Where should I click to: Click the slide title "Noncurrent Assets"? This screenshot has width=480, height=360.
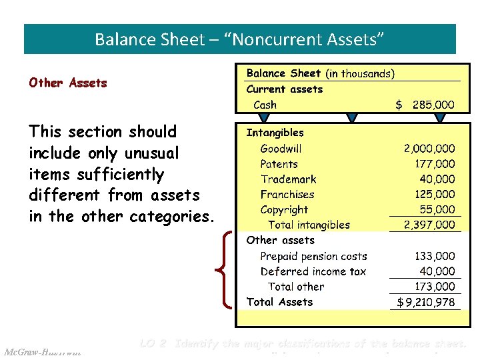click(x=240, y=39)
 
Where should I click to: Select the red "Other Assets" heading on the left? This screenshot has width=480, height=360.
click(x=67, y=83)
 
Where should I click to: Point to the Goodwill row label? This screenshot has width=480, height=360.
click(x=281, y=149)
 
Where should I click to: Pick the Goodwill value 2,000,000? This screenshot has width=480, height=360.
click(x=429, y=149)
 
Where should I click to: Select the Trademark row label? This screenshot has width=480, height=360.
click(x=288, y=179)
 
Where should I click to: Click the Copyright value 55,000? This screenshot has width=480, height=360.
click(x=437, y=210)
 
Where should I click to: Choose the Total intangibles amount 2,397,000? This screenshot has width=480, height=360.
click(x=429, y=225)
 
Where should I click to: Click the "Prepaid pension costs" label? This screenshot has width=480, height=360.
click(x=313, y=256)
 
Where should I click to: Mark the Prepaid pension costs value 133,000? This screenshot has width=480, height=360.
click(x=435, y=256)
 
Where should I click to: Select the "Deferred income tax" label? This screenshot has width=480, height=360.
click(x=313, y=271)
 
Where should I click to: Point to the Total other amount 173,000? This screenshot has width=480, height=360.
click(x=435, y=287)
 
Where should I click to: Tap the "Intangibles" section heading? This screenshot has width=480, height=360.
click(x=275, y=133)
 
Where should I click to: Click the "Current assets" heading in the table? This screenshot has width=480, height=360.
click(x=284, y=89)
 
